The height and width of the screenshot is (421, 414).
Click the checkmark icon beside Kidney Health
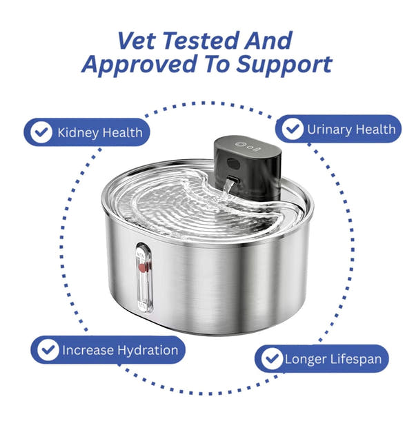(43, 132)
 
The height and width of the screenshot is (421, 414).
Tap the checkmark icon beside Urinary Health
(293, 129)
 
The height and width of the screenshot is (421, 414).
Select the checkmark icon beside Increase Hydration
(47, 350)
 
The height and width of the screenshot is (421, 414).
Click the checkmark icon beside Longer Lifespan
(271, 359)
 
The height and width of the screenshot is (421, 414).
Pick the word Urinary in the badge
(329, 129)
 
